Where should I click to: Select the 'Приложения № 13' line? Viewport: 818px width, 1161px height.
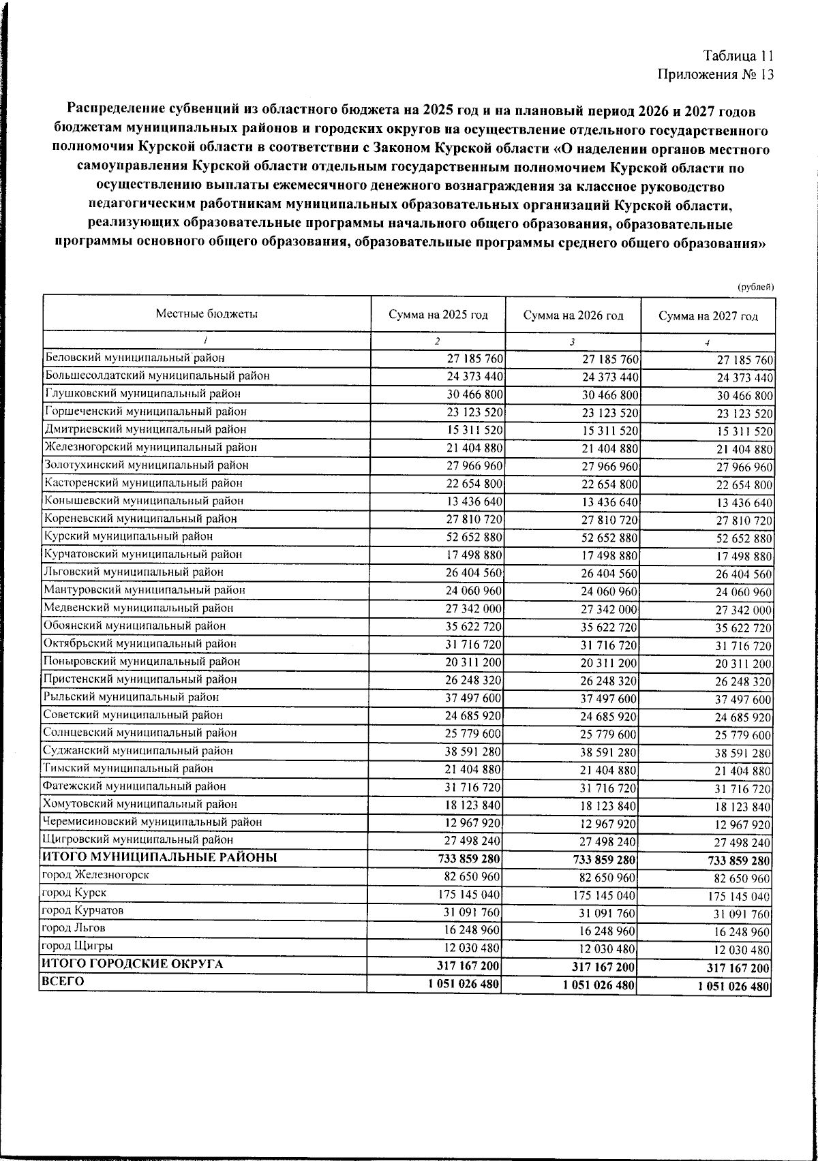(716, 75)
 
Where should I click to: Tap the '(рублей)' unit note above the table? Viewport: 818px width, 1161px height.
(756, 287)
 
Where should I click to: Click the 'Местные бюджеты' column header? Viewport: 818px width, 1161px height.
(207, 314)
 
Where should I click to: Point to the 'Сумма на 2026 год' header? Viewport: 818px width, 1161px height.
(573, 315)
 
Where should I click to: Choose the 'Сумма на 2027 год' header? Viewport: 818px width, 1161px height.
(708, 316)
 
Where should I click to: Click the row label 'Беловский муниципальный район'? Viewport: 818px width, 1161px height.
(134, 357)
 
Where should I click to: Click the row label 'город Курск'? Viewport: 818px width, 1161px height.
(74, 893)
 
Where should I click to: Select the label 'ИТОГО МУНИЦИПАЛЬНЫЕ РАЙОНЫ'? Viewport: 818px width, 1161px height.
(160, 857)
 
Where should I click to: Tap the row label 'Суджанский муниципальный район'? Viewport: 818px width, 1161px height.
(138, 750)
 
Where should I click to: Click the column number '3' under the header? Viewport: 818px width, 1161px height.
(573, 341)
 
